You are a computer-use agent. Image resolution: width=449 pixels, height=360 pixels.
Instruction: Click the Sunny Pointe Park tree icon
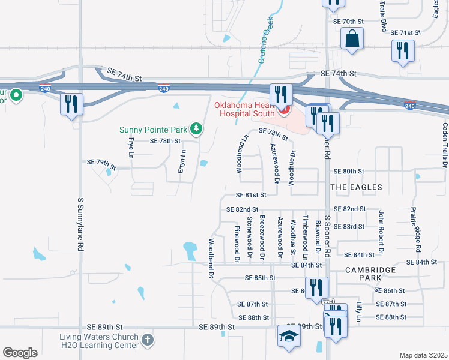click(196, 128)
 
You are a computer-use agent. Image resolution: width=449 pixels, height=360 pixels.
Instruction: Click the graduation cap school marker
click(288, 337)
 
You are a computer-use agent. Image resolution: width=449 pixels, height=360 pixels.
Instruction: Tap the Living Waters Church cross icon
click(147, 341)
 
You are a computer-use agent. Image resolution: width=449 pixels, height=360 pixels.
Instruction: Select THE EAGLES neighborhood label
click(356, 187)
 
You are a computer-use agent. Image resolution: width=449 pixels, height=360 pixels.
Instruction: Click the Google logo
click(20, 353)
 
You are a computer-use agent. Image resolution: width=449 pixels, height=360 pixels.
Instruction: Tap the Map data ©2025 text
click(423, 355)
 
